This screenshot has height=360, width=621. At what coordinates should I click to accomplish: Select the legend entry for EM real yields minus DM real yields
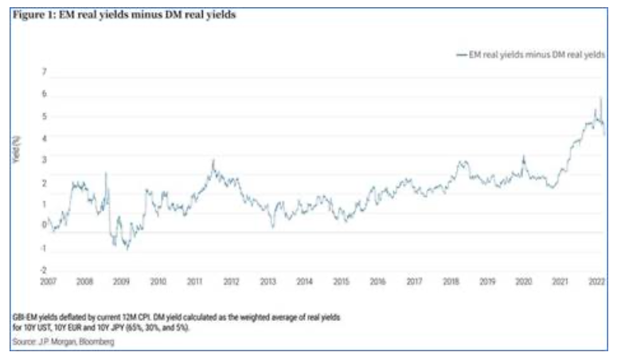529,54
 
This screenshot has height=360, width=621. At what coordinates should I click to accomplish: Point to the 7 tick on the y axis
45,72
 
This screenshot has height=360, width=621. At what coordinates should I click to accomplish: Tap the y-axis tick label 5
45,116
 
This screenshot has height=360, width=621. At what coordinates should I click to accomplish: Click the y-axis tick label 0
45,225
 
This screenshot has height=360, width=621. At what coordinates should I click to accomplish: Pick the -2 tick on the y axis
44,269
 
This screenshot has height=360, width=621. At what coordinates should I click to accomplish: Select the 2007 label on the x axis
49,282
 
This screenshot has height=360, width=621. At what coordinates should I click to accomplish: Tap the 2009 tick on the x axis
121,282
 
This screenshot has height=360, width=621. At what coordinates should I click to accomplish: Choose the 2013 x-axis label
268,282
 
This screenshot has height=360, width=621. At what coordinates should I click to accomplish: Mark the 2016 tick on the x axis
377,282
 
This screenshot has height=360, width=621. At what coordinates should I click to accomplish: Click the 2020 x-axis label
523,282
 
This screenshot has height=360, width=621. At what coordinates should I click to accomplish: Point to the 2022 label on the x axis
596,282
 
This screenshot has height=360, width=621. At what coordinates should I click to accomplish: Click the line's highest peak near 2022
600,97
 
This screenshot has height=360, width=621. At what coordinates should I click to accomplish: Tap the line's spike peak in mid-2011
213,160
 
